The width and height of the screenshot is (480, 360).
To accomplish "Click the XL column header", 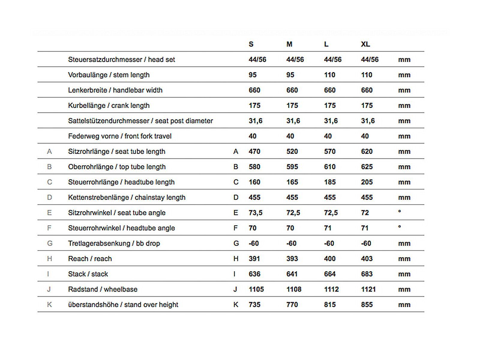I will coord(365,44).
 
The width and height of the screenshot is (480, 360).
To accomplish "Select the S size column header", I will coord(251,44).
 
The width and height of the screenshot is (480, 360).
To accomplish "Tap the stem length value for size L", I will coord(329,75).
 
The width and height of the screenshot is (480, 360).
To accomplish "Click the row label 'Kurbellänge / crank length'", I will coord(109,106).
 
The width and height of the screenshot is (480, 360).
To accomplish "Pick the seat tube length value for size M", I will coord(292,151).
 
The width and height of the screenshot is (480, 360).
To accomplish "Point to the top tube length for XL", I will coord(367,167).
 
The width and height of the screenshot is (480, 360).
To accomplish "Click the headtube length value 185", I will coord(329,182).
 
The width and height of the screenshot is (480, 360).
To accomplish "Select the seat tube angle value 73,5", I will coord(255,213).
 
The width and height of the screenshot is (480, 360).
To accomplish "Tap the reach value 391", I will coord(254,259).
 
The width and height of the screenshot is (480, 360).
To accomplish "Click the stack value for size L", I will coord(329,274).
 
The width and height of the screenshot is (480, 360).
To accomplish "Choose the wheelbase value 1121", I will coord(368,289).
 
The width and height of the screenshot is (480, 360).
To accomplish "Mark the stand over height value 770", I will coord(292,304).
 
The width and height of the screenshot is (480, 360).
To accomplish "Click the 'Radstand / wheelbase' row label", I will coord(103,289).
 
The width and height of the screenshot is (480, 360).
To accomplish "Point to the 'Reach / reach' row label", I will coord(90,259).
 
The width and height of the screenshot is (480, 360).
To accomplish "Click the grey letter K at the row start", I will coord(49,304).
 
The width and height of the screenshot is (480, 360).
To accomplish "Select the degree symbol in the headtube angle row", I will coord(399,227).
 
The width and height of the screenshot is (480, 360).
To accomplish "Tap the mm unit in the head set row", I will coord(404,60).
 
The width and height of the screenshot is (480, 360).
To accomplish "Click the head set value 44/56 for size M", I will coord(295,60).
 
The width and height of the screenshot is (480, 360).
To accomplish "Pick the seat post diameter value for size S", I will coord(255,121).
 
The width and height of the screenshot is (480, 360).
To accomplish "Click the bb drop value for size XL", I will coord(366,243).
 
